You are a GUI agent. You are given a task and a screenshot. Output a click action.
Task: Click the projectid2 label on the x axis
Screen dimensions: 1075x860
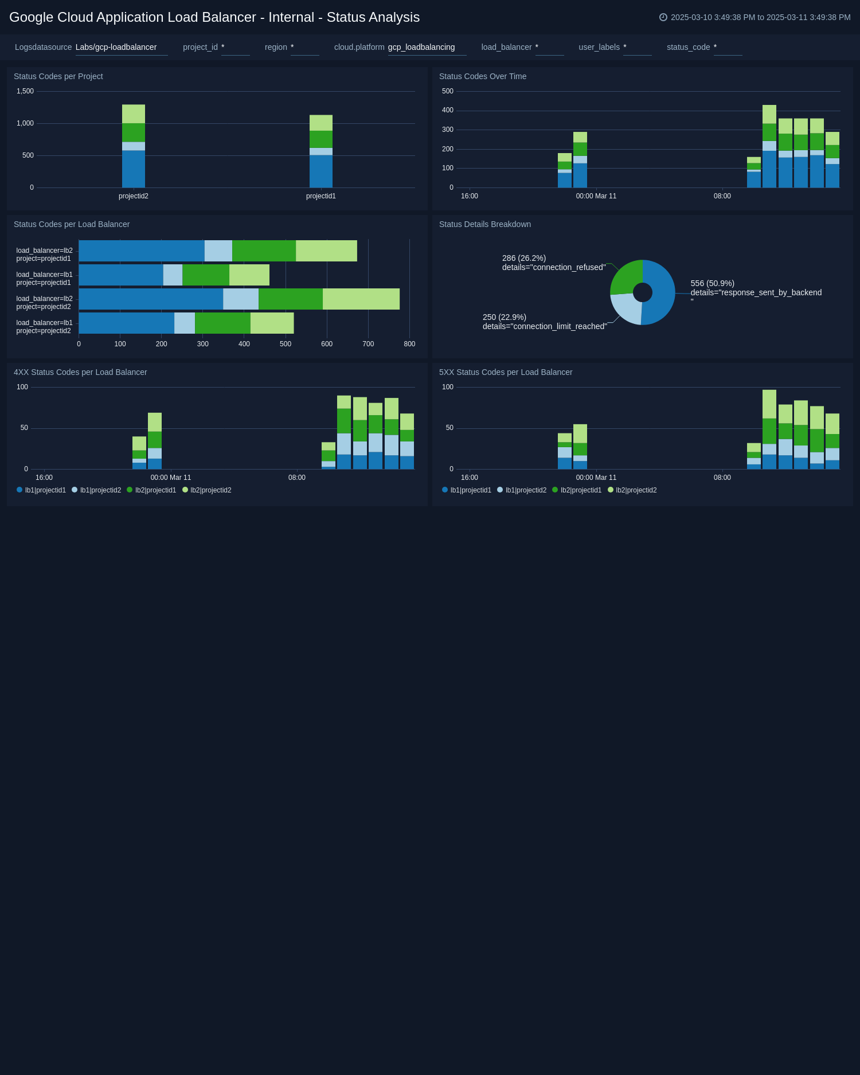pyautogui.click(x=134, y=196)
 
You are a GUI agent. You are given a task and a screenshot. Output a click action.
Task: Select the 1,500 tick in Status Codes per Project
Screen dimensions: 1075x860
pyautogui.click(x=25, y=91)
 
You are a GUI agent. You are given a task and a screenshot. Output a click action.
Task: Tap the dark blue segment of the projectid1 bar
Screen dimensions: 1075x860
pyautogui.click(x=321, y=171)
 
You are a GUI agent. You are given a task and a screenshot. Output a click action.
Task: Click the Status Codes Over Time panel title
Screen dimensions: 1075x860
pyautogui.click(x=482, y=76)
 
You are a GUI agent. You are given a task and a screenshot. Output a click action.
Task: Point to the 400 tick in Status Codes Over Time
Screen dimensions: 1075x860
pyautogui.click(x=447, y=110)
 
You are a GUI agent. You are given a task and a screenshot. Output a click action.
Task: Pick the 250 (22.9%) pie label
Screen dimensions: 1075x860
pyautogui.click(x=504, y=317)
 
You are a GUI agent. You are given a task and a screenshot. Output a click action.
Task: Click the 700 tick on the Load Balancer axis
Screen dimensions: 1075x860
pyautogui.click(x=368, y=344)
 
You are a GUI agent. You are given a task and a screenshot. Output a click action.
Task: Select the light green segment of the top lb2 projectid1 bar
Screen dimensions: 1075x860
pyautogui.click(x=326, y=251)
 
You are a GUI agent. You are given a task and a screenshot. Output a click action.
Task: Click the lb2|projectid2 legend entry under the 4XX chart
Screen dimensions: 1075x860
pyautogui.click(x=207, y=490)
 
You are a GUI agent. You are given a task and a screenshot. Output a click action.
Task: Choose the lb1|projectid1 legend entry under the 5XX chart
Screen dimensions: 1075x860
pyautogui.click(x=467, y=490)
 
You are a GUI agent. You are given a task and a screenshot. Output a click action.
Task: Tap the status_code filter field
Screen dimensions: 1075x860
pyautogui.click(x=727, y=48)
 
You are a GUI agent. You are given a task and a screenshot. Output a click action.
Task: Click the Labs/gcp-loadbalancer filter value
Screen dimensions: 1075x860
pyautogui.click(x=116, y=47)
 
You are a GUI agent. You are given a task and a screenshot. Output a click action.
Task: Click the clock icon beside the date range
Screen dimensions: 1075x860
pyautogui.click(x=663, y=17)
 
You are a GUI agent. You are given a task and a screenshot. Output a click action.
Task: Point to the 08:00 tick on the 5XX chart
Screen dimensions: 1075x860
pyautogui.click(x=722, y=478)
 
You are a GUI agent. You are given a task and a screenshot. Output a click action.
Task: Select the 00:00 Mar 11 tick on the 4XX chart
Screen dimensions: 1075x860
pyautogui.click(x=171, y=478)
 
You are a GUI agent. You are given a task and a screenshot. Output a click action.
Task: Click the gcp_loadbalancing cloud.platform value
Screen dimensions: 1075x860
pyautogui.click(x=421, y=47)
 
